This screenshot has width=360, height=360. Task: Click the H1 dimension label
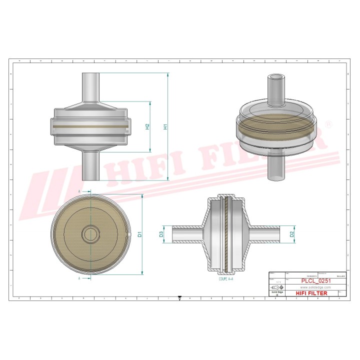[165, 126]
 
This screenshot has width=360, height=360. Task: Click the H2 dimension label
[147, 126]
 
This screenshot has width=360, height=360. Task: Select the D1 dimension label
[140, 233]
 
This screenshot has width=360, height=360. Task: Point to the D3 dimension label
[161, 233]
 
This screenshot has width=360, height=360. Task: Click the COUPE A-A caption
[226, 278]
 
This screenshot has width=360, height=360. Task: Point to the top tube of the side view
[91, 87]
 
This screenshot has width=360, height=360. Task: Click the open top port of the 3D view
[275, 78]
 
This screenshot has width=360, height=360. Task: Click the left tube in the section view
[186, 233]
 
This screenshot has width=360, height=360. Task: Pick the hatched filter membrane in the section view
[226, 233]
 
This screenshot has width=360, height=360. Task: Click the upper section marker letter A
[79, 191]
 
